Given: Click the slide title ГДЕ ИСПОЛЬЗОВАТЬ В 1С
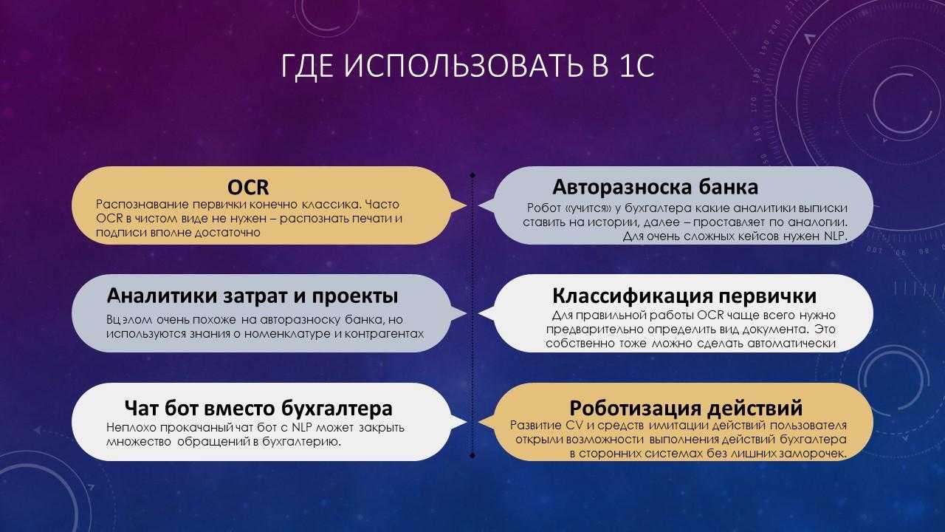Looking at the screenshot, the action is (467, 66).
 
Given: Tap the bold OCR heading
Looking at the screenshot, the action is (248, 188).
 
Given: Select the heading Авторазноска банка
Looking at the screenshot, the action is (655, 187).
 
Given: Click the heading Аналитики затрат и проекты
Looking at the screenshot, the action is (252, 296).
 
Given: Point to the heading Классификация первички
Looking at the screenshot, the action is (684, 296).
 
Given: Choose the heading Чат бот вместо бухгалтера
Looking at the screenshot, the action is (258, 408).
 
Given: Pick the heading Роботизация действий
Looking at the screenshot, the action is (686, 408).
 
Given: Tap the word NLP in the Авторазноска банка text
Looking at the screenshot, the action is (834, 236).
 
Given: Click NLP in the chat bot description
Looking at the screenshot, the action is (302, 428).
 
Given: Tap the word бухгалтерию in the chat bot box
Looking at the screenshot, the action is (301, 442).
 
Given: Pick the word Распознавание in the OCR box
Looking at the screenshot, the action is (142, 205).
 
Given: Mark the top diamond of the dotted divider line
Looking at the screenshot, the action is (472, 175).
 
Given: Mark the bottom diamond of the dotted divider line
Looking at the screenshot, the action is (472, 455).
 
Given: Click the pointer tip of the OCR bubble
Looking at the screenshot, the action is (467, 205).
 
